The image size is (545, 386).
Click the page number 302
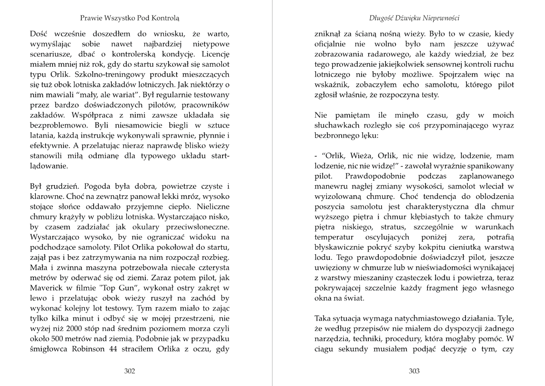tap(129, 371)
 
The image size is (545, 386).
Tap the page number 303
tap(414, 371)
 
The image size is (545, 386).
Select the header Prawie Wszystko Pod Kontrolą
tap(130, 19)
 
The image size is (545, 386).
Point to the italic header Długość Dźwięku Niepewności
tap(414, 19)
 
